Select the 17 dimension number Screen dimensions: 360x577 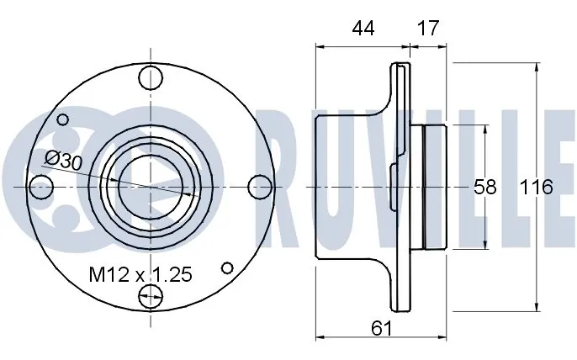[428, 28]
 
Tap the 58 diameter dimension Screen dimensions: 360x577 [486, 187]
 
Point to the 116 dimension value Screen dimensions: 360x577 [537, 187]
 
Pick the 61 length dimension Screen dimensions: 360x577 [382, 328]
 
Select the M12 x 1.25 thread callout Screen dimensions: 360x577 [141, 273]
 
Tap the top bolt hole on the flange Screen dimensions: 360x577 [151, 77]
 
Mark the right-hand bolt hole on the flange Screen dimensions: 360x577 [261, 185]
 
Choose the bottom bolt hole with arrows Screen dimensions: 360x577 [151, 294]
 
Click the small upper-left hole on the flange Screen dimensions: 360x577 [61, 119]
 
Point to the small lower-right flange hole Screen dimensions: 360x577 [227, 267]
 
